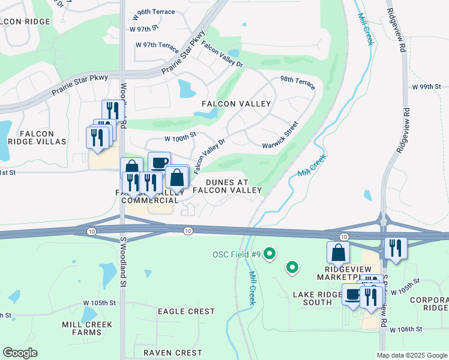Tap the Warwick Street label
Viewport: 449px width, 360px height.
tap(280, 136)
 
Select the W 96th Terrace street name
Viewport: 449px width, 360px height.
tap(152, 12)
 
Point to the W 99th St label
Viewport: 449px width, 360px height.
tap(426, 87)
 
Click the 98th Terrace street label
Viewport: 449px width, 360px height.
tap(297, 83)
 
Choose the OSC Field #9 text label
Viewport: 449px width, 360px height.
tap(237, 254)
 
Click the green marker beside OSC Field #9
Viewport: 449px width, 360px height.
tap(270, 254)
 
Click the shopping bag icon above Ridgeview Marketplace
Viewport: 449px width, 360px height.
tap(338, 252)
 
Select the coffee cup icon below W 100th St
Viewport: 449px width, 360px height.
tap(159, 163)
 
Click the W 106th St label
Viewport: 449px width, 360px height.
tap(406, 329)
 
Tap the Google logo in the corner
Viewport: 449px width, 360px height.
tap(20, 353)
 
